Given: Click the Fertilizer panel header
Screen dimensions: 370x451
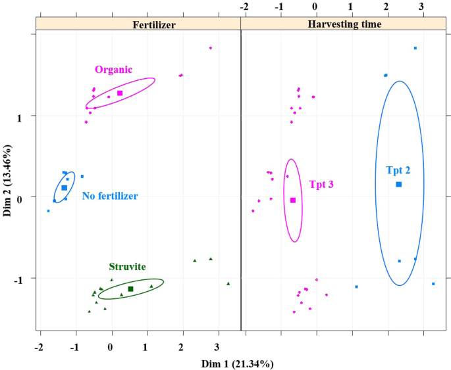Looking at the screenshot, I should [x=139, y=24].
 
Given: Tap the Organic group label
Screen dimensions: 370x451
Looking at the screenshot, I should [x=113, y=70].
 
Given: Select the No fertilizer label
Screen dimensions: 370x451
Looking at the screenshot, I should [x=110, y=196].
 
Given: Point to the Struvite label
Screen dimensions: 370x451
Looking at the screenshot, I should [x=127, y=267].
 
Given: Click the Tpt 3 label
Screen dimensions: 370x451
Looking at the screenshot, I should [x=321, y=185].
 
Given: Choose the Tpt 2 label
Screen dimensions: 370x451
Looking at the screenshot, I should [x=398, y=170].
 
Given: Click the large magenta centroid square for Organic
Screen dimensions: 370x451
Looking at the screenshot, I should [x=120, y=93].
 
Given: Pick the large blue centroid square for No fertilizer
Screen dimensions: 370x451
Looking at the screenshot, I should [x=64, y=188].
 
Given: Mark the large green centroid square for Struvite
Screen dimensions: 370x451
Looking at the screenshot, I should [x=130, y=289].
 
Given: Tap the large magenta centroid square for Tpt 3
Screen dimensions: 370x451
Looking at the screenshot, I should [x=293, y=200].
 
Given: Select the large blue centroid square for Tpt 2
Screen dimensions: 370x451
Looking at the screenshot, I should [x=398, y=185].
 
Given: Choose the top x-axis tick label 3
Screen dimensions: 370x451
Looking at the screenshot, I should [x=421, y=6].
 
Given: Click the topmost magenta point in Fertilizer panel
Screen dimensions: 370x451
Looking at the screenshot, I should [x=210, y=48].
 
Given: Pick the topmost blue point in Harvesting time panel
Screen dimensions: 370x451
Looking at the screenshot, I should [x=415, y=48].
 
